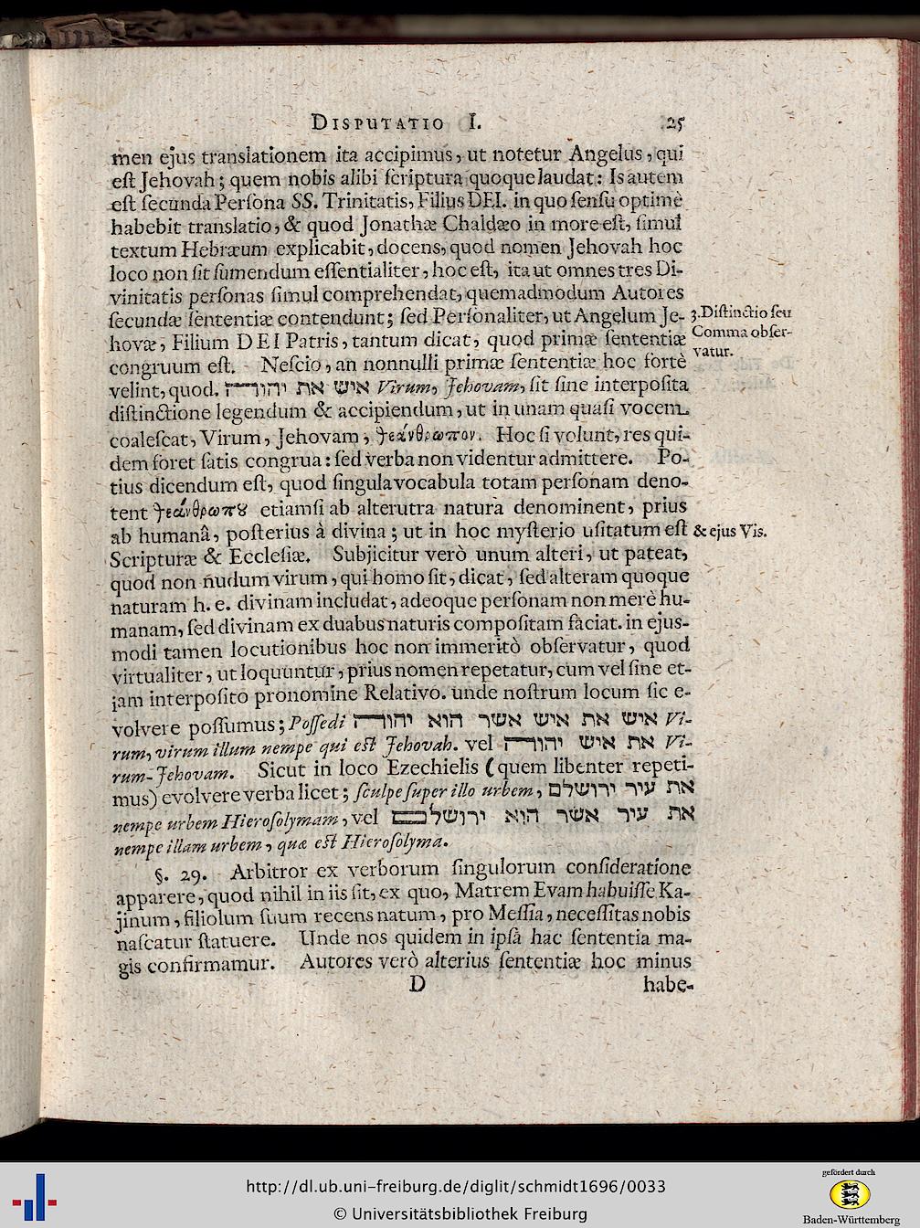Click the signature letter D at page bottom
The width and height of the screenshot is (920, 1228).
[418, 984]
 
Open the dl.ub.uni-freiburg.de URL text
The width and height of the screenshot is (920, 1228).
[456, 1187]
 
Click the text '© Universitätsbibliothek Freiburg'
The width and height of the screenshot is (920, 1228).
[460, 1213]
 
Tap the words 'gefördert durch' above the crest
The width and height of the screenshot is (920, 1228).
[848, 1170]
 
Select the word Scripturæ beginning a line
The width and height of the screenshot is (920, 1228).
[159, 555]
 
